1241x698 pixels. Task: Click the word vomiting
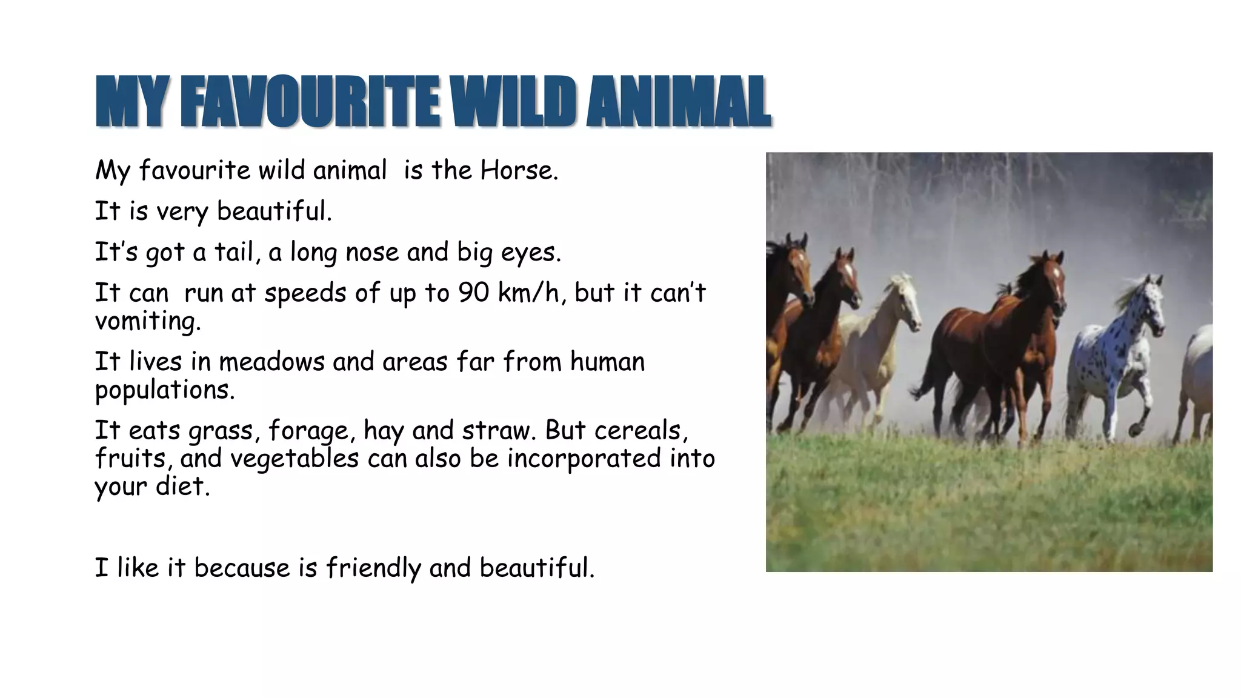pyautogui.click(x=147, y=321)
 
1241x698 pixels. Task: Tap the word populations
pyautogui.click(x=164, y=390)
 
